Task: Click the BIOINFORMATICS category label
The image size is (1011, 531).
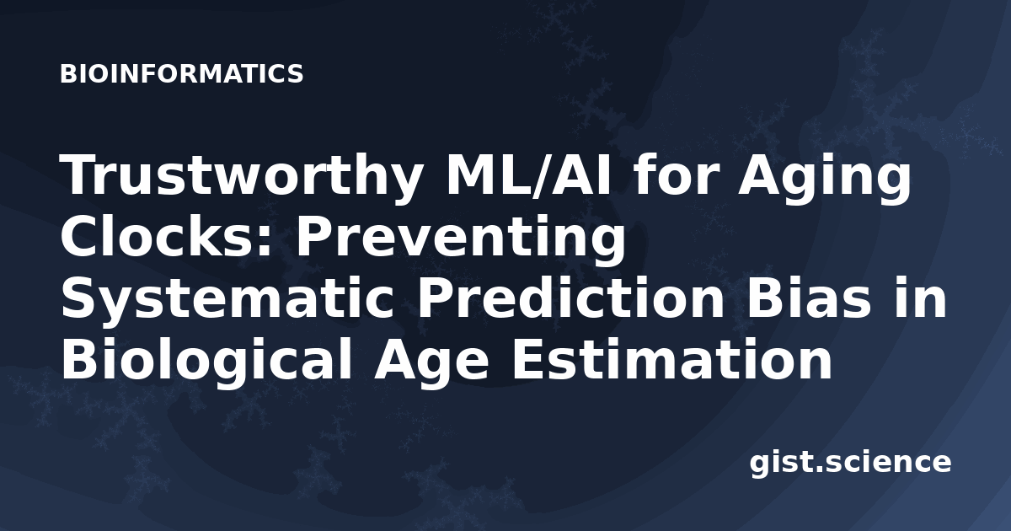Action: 181,74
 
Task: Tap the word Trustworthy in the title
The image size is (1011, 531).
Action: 242,177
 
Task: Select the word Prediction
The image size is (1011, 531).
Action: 570,297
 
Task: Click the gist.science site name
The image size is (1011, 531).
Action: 850,464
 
